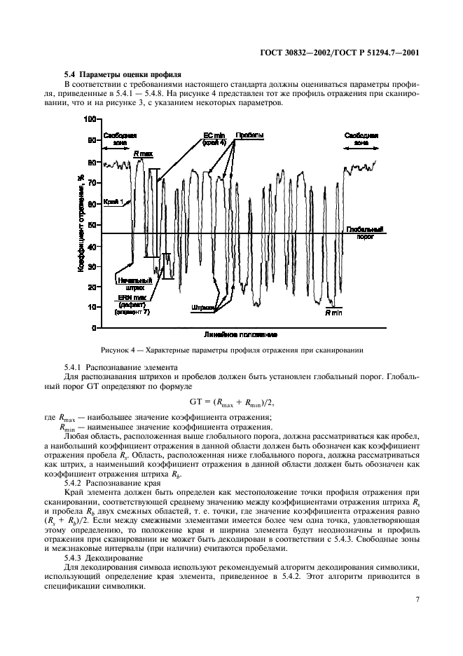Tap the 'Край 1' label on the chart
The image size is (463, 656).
coord(114,202)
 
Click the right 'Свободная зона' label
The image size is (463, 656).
coord(361,137)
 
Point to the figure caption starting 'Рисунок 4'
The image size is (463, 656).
coord(231,350)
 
